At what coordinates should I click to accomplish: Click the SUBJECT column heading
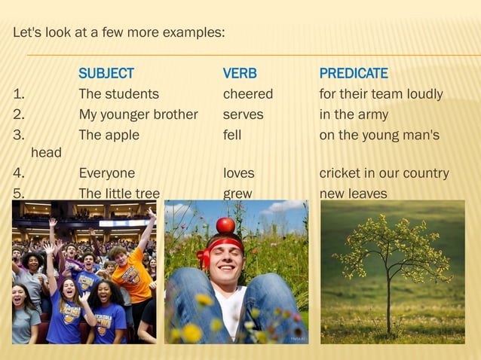[x=106, y=74]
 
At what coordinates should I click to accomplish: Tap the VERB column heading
[x=240, y=74]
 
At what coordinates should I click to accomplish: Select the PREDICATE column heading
[x=354, y=74]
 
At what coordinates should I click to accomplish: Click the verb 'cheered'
[x=248, y=94]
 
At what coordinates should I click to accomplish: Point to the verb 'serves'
[x=243, y=114]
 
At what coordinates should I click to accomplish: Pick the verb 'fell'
[x=232, y=135]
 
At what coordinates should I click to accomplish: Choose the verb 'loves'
[x=238, y=173]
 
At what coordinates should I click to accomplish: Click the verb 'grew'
[x=237, y=194]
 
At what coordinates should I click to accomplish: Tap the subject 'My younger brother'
[x=138, y=114]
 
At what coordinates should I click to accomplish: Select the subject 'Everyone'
[x=107, y=173]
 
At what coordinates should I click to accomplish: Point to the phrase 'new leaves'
[x=353, y=194]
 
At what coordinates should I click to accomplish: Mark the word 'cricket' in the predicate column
[x=341, y=173]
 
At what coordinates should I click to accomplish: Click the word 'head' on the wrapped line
[x=46, y=153]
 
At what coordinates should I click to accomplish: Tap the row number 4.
[x=19, y=173]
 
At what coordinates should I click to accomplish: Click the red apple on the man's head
[x=225, y=224]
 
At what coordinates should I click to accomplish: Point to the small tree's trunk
[x=389, y=301]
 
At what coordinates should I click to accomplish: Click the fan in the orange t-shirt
[x=132, y=275]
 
